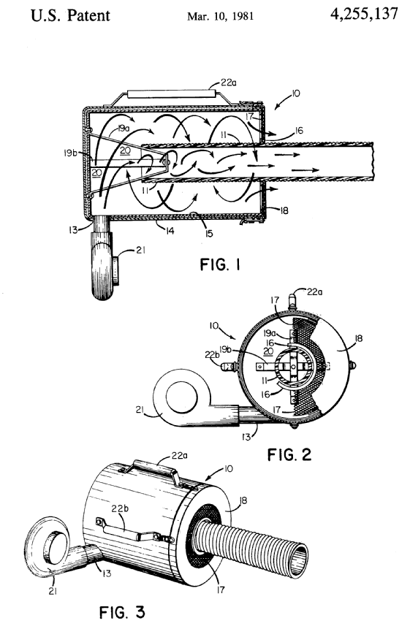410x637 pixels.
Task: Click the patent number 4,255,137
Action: pos(364,14)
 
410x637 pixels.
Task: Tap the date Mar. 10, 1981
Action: pos(220,16)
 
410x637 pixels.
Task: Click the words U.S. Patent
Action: pos(70,15)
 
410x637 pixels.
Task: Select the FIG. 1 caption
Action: pos(220,265)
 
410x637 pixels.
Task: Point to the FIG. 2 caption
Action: pos(289,454)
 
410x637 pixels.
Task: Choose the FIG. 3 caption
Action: pos(122,612)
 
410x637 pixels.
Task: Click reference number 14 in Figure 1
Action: pos(170,231)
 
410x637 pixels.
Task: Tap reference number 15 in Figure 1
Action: pos(209,233)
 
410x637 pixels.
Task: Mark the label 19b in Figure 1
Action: pos(70,153)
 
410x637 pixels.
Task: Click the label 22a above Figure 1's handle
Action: pos(229,83)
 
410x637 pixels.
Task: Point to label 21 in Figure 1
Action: pos(140,251)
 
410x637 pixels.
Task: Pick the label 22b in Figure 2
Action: pos(212,354)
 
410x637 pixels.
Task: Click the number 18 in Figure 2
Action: pos(358,338)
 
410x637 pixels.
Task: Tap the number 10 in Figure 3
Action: pos(228,469)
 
